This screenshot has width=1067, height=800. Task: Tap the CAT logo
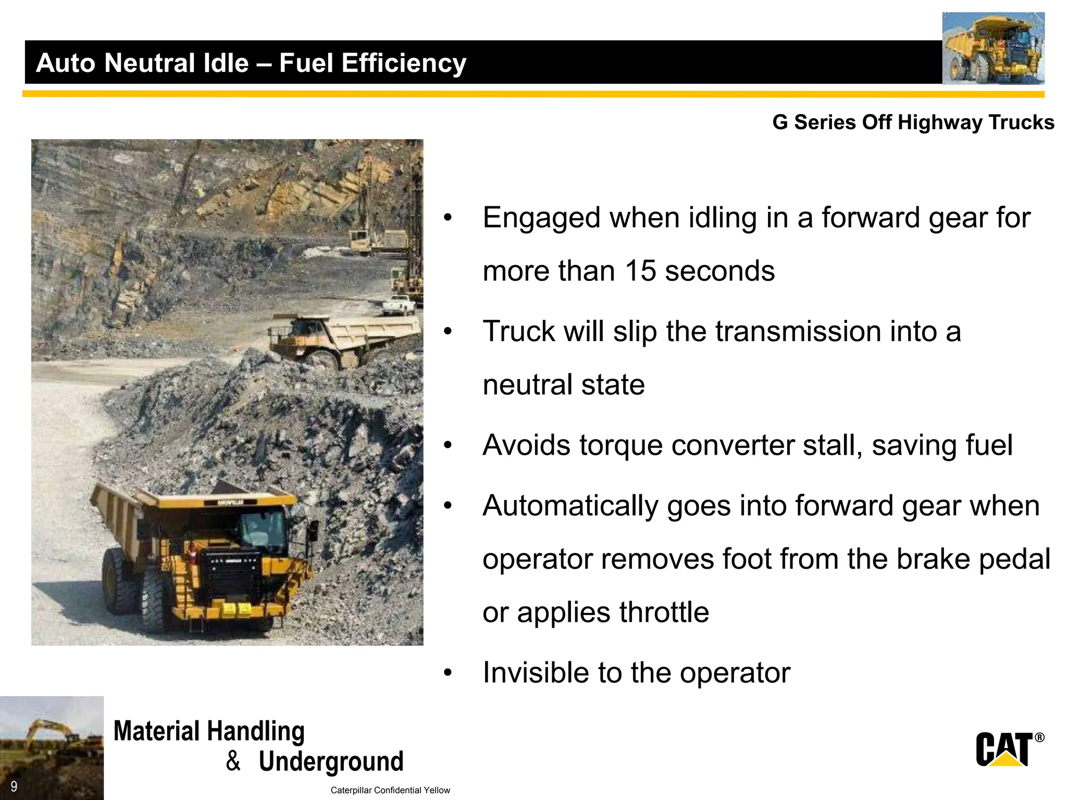[1004, 749]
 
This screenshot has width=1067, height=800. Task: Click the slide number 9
[14, 786]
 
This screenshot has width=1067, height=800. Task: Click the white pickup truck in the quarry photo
[399, 305]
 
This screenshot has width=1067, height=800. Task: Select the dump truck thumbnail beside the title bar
[993, 49]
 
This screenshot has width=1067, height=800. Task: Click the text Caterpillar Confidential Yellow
[390, 790]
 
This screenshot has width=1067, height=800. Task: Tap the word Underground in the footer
[331, 761]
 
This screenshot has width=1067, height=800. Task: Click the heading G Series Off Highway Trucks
[913, 122]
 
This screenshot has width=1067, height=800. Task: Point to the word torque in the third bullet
[621, 445]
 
